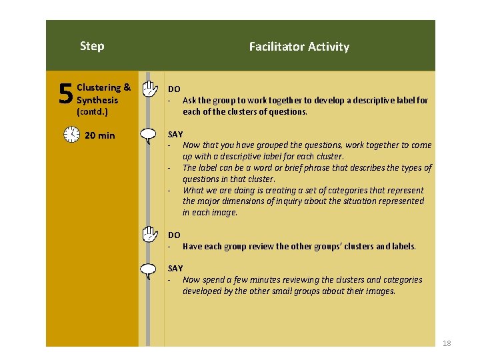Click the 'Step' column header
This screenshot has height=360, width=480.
(x=92, y=46)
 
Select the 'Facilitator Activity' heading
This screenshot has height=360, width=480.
(x=299, y=47)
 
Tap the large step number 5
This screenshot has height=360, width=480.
(x=65, y=95)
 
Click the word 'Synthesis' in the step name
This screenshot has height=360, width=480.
(x=97, y=100)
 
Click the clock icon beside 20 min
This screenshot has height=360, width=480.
(x=71, y=135)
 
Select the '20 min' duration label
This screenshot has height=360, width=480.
(x=100, y=136)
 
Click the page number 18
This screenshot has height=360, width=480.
(x=447, y=343)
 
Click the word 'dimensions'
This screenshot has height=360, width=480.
(x=244, y=201)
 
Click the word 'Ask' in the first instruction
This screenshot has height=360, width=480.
(x=190, y=101)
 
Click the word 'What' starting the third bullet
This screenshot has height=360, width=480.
(x=193, y=190)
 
